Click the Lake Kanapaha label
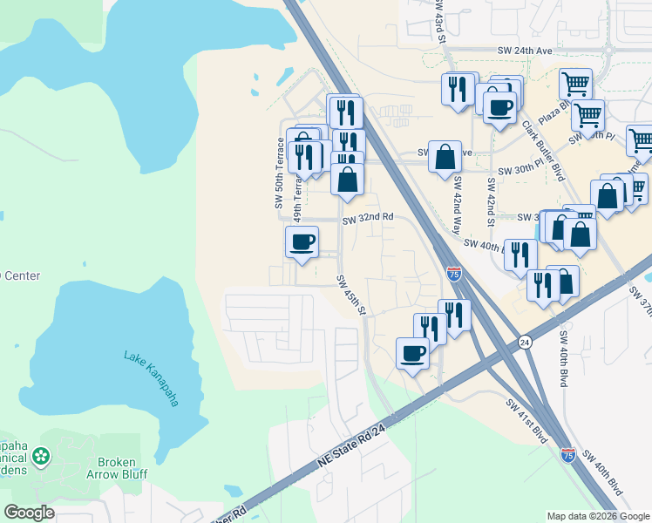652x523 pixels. tap(151, 377)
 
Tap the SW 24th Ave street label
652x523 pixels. tap(526, 51)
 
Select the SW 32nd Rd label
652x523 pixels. tap(368, 218)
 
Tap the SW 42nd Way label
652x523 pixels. tap(456, 207)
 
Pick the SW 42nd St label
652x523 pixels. tap(492, 200)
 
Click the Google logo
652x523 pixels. tap(29, 512)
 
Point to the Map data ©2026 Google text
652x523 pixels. tap(597, 516)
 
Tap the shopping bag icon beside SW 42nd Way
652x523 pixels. tap(445, 158)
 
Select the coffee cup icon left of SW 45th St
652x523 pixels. tap(302, 242)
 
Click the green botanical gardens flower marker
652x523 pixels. tap(41, 456)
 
